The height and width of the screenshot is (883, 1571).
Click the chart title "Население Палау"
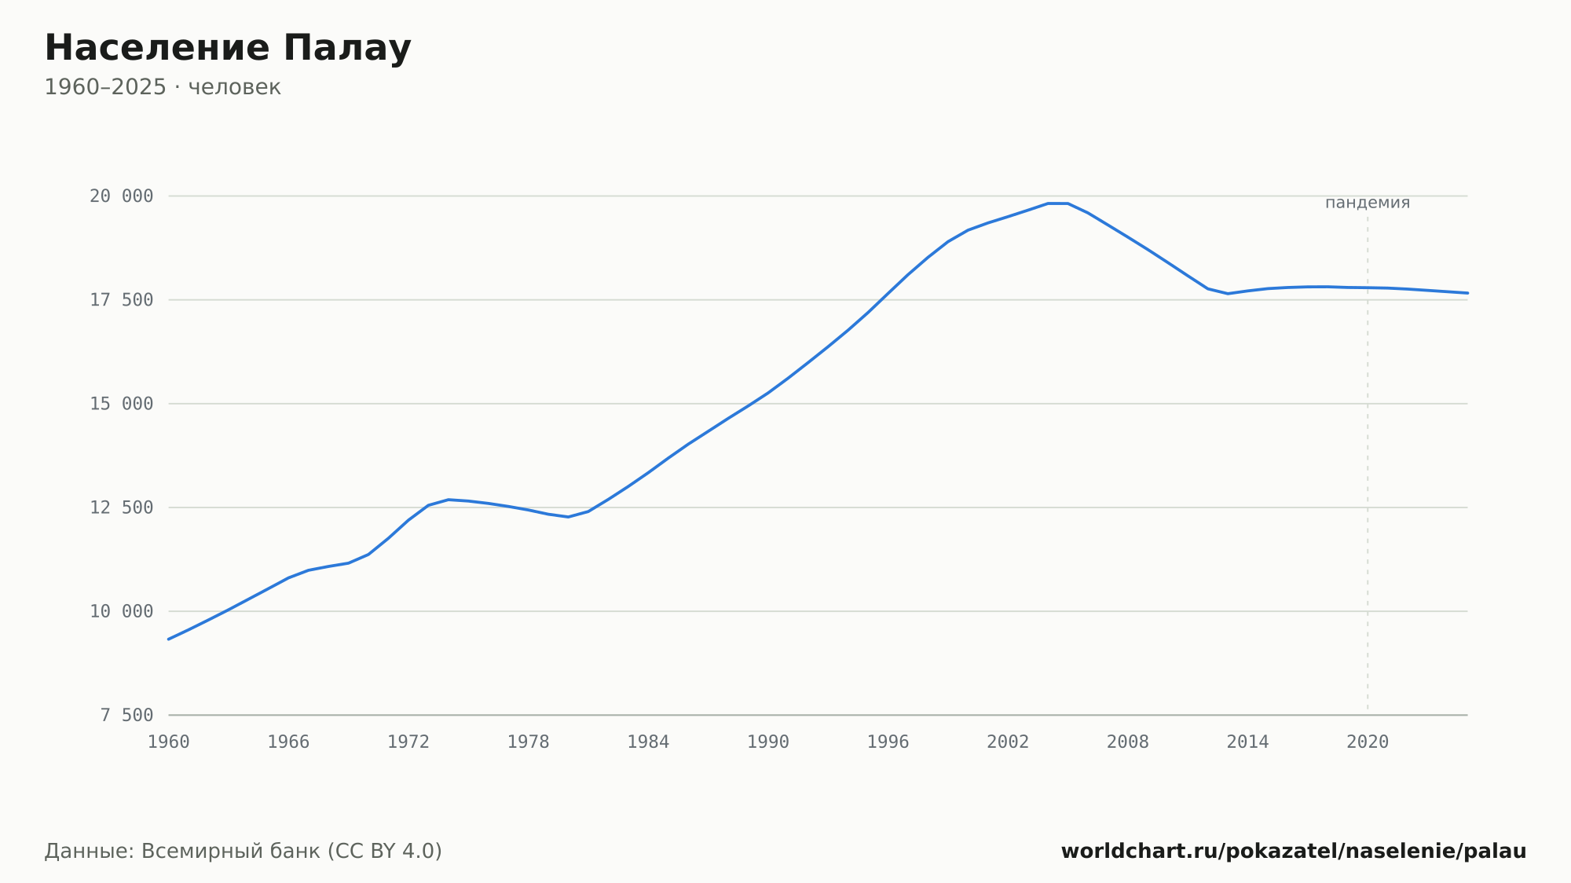click(x=228, y=48)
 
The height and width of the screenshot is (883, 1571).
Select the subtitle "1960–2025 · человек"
click(x=163, y=87)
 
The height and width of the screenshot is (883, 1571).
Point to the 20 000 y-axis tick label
click(x=122, y=196)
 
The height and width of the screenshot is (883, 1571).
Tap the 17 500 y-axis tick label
click(x=122, y=300)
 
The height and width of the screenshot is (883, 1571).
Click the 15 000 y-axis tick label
click(x=122, y=404)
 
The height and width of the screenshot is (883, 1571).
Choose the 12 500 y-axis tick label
click(x=122, y=507)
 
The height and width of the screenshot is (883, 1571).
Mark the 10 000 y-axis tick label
click(x=122, y=611)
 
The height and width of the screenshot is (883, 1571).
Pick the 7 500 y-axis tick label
click(x=126, y=715)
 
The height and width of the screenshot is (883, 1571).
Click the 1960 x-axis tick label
click(x=169, y=742)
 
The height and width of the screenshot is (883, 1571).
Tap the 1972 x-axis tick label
click(x=408, y=742)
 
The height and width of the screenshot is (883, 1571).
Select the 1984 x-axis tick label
click(x=648, y=742)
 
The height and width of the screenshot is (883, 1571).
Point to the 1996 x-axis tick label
click(x=888, y=742)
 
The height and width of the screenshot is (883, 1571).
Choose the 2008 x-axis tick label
click(x=1128, y=742)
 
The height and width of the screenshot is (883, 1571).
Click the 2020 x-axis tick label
click(x=1368, y=742)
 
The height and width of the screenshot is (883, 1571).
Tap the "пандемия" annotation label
click(x=1368, y=203)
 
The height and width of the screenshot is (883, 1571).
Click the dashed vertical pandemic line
click(x=1368, y=463)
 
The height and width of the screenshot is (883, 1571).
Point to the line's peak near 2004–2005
click(x=1057, y=203)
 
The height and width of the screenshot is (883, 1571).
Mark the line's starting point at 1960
click(x=169, y=639)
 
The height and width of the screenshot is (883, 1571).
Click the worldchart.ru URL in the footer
click(x=1294, y=852)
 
